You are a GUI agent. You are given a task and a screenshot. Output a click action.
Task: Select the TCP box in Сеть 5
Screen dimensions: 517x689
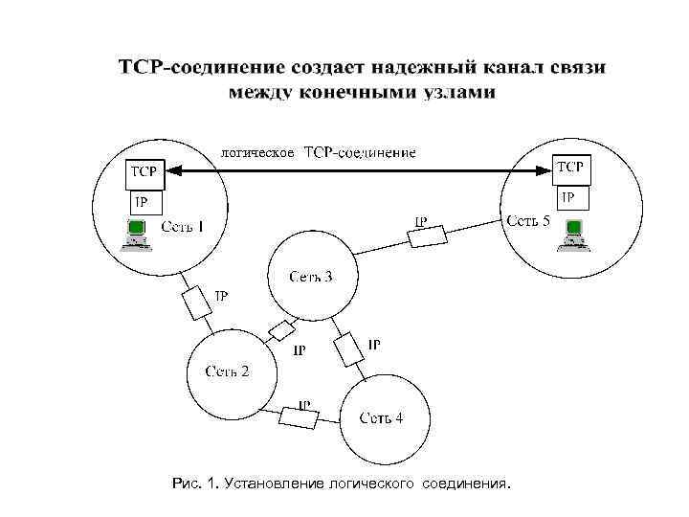(x=571, y=169)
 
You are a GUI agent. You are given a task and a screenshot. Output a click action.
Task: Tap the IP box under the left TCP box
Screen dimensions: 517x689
(x=144, y=202)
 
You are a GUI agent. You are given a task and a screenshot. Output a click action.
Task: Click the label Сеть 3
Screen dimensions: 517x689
(x=311, y=278)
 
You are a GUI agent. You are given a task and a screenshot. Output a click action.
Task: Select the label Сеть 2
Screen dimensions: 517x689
(x=227, y=371)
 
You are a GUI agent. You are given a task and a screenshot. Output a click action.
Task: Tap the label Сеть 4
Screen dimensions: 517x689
(x=381, y=417)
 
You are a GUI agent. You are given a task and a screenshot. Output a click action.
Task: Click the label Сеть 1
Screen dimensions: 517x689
(x=182, y=227)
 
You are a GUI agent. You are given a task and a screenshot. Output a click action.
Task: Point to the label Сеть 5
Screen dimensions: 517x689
(x=527, y=221)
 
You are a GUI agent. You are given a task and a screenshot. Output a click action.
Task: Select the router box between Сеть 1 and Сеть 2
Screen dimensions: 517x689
(x=197, y=303)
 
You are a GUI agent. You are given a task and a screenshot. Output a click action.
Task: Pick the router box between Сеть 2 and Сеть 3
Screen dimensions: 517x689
(x=281, y=331)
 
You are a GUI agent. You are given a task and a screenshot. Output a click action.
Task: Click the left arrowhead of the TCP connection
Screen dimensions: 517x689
(x=170, y=169)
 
